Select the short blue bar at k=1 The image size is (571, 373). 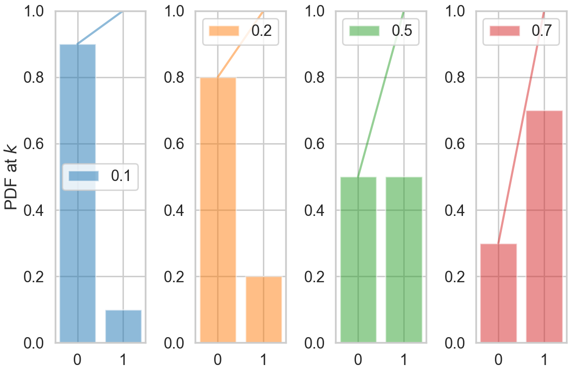click(x=123, y=326)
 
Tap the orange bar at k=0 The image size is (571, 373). click(x=218, y=210)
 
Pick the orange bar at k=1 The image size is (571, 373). click(x=264, y=309)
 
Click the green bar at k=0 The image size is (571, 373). click(x=358, y=259)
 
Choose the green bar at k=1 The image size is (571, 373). click(x=404, y=259)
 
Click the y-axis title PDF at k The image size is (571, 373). click(x=11, y=177)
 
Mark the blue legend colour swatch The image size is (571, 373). click(x=84, y=176)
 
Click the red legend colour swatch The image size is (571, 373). click(x=505, y=30)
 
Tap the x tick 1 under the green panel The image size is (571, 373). click(x=404, y=359)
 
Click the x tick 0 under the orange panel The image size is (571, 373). click(x=218, y=359)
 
